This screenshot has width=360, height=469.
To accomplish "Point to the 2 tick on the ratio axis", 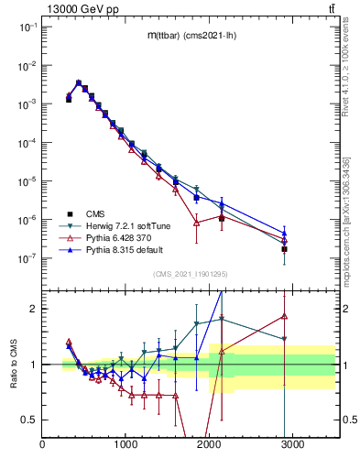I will pos(35,309).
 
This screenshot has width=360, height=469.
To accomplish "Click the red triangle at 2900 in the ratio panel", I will pos(284,317).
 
